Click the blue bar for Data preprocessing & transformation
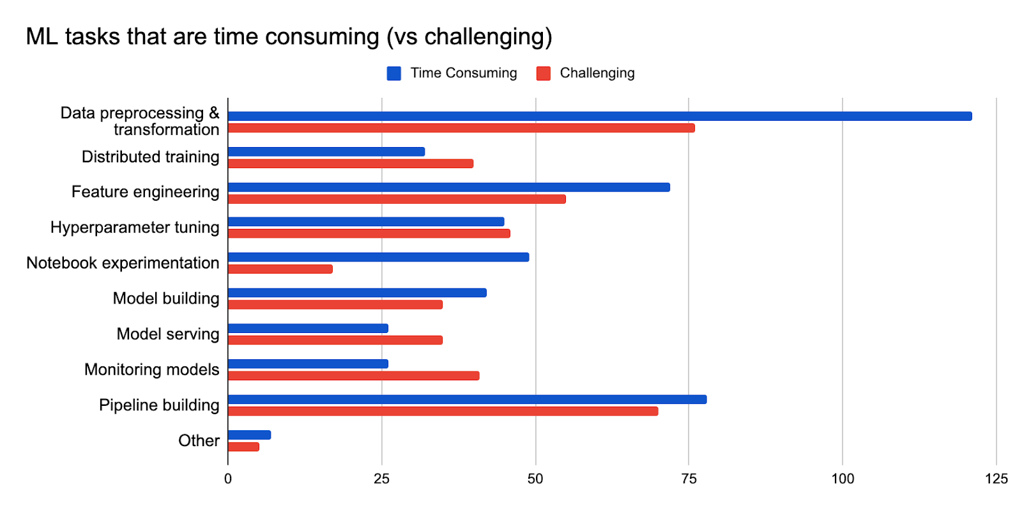pos(599,116)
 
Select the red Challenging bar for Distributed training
pos(350,164)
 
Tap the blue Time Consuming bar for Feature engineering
pos(448,187)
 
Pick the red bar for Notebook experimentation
pos(280,269)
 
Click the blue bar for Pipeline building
pos(467,400)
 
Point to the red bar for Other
pos(243,447)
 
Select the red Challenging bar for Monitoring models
pos(353,376)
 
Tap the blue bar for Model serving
pos(308,329)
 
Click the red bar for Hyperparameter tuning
pos(369,233)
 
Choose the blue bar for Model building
pos(357,293)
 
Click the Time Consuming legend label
pos(463,73)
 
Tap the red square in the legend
pos(544,74)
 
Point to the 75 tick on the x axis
pos(689,479)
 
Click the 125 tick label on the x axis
pos(996,479)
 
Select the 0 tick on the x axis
pos(228,479)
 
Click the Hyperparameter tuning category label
pos(135,228)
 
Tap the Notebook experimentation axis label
pos(123,263)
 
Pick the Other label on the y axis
pos(199,440)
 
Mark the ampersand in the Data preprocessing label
pos(214,113)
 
